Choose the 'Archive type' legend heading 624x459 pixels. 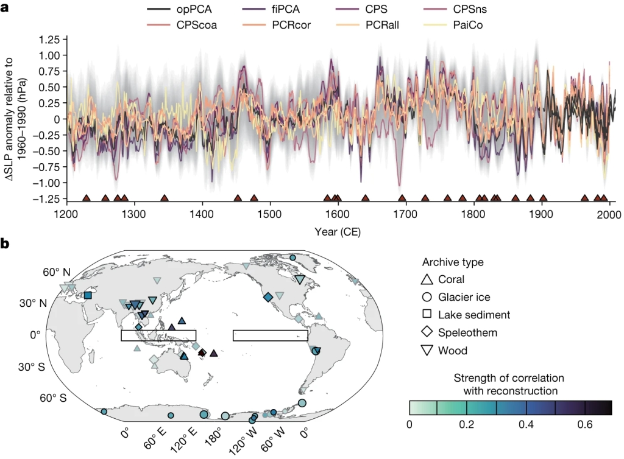(453, 262)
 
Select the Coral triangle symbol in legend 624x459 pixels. (427, 279)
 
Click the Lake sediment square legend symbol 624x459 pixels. (427, 315)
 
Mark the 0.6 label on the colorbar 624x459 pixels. (584, 424)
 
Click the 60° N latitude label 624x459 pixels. (57, 272)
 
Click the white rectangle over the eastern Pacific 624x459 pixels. (270, 335)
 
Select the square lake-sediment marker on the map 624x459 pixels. (88, 295)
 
